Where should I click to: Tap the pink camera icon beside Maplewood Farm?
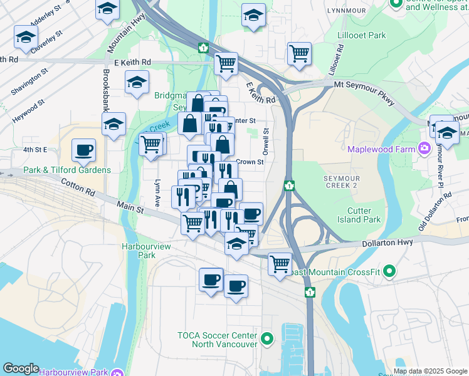click(424, 149)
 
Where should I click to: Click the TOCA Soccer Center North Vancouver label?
click(218, 340)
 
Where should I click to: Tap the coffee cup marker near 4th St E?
click(83, 150)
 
